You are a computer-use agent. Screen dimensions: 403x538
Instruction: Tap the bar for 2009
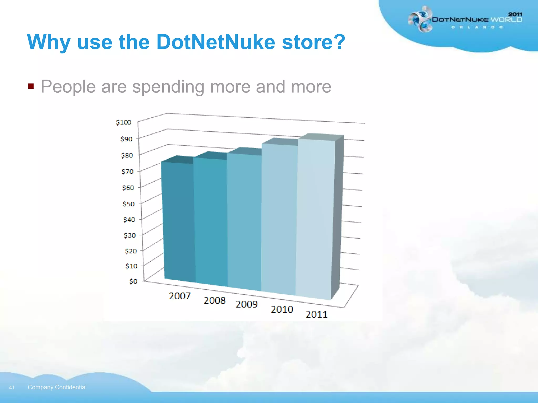pyautogui.click(x=244, y=222)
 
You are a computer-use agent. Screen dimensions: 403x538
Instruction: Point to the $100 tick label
pyautogui.click(x=123, y=122)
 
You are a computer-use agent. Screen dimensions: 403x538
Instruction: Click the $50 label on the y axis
pyautogui.click(x=128, y=204)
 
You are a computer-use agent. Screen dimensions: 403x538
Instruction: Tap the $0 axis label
pyautogui.click(x=133, y=281)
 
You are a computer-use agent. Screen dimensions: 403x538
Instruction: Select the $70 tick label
pyautogui.click(x=127, y=172)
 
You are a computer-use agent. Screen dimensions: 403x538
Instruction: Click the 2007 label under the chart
pyautogui.click(x=180, y=296)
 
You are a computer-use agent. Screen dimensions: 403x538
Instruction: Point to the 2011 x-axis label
pyautogui.click(x=317, y=314)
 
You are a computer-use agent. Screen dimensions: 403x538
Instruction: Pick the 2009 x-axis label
pyautogui.click(x=246, y=304)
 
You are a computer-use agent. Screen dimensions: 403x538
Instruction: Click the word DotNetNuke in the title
pyautogui.click(x=215, y=42)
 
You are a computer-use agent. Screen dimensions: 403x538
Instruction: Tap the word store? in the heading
pyautogui.click(x=313, y=42)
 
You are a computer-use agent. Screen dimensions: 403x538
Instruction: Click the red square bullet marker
pyautogui.click(x=31, y=86)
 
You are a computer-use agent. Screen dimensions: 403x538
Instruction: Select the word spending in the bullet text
pyautogui.click(x=168, y=87)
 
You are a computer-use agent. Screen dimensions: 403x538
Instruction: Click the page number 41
pyautogui.click(x=12, y=388)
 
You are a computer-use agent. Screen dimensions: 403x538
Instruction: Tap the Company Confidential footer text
pyautogui.click(x=57, y=387)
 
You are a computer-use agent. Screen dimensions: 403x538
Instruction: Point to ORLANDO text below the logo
pyautogui.click(x=477, y=27)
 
